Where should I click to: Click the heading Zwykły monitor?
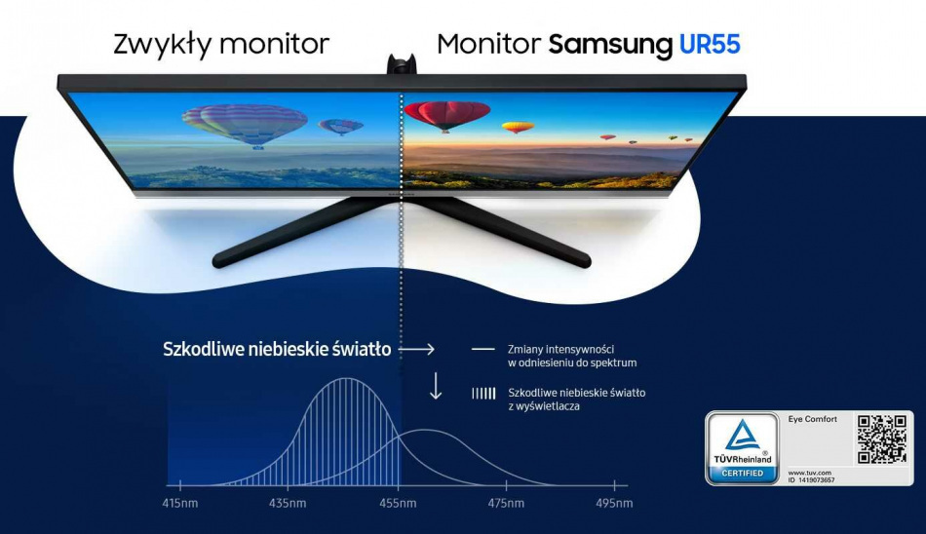pos(221,44)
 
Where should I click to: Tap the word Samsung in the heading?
pos(610,44)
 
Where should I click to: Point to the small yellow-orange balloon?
pos(518,127)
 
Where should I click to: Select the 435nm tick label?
pos(288,504)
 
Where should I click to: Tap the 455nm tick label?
pos(397,504)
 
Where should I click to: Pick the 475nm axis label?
pos(505,504)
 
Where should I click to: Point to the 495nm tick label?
pos(614,504)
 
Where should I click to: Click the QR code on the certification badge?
pos(881,439)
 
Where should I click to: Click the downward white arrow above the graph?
pos(436,385)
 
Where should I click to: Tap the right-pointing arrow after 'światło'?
pos(416,349)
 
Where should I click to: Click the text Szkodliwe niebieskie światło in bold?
pos(277,349)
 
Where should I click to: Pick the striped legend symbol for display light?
pos(482,394)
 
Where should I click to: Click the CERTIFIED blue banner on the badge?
pos(742,473)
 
